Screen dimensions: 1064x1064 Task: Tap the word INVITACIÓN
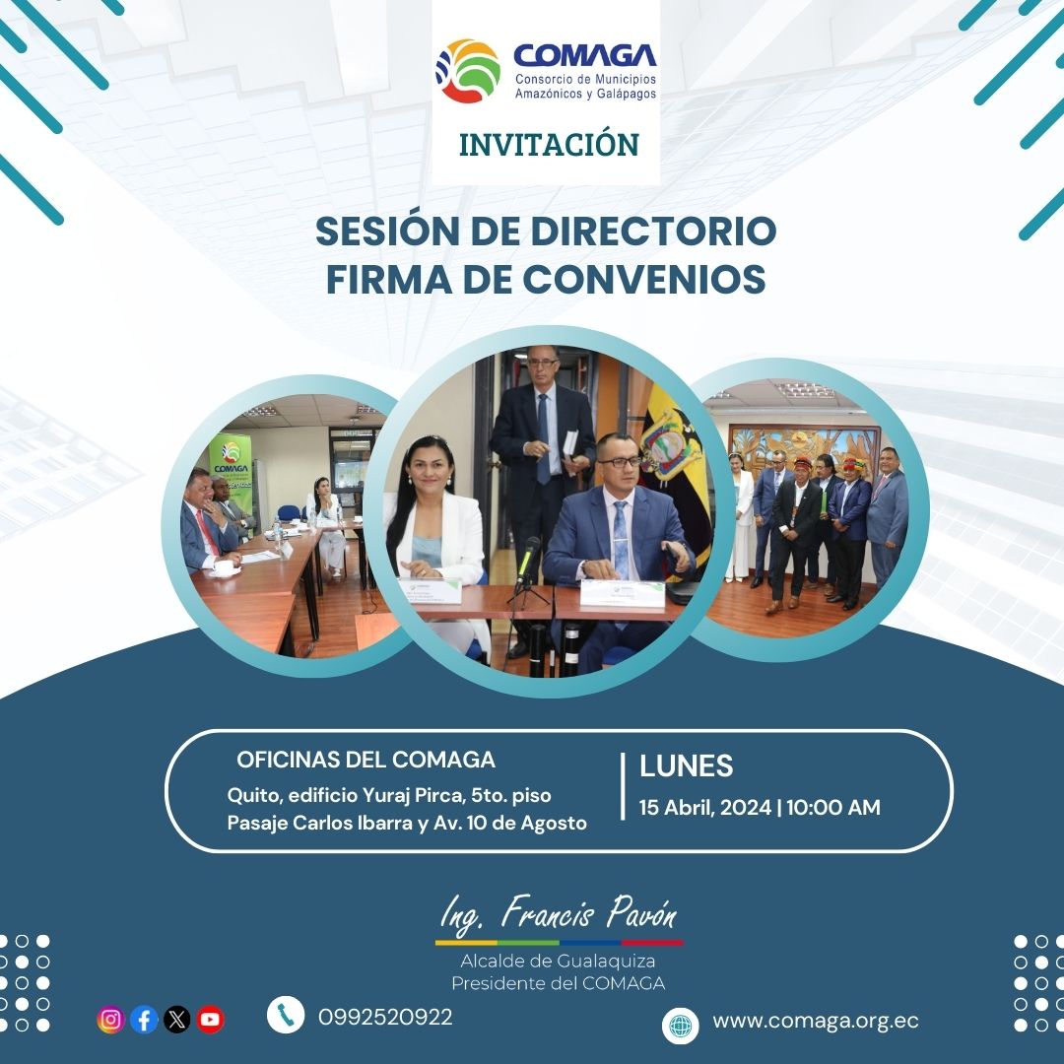coord(549,144)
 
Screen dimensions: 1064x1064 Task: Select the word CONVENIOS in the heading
coord(644,279)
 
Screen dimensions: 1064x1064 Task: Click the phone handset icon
coord(285,1016)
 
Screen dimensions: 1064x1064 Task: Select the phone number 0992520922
coord(385,1018)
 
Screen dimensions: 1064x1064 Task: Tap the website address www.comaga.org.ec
coord(816,1022)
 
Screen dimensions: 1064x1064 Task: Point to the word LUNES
coord(687,766)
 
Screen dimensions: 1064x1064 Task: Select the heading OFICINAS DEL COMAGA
coord(366,761)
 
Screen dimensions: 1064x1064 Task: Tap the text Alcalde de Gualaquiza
coord(558,961)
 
